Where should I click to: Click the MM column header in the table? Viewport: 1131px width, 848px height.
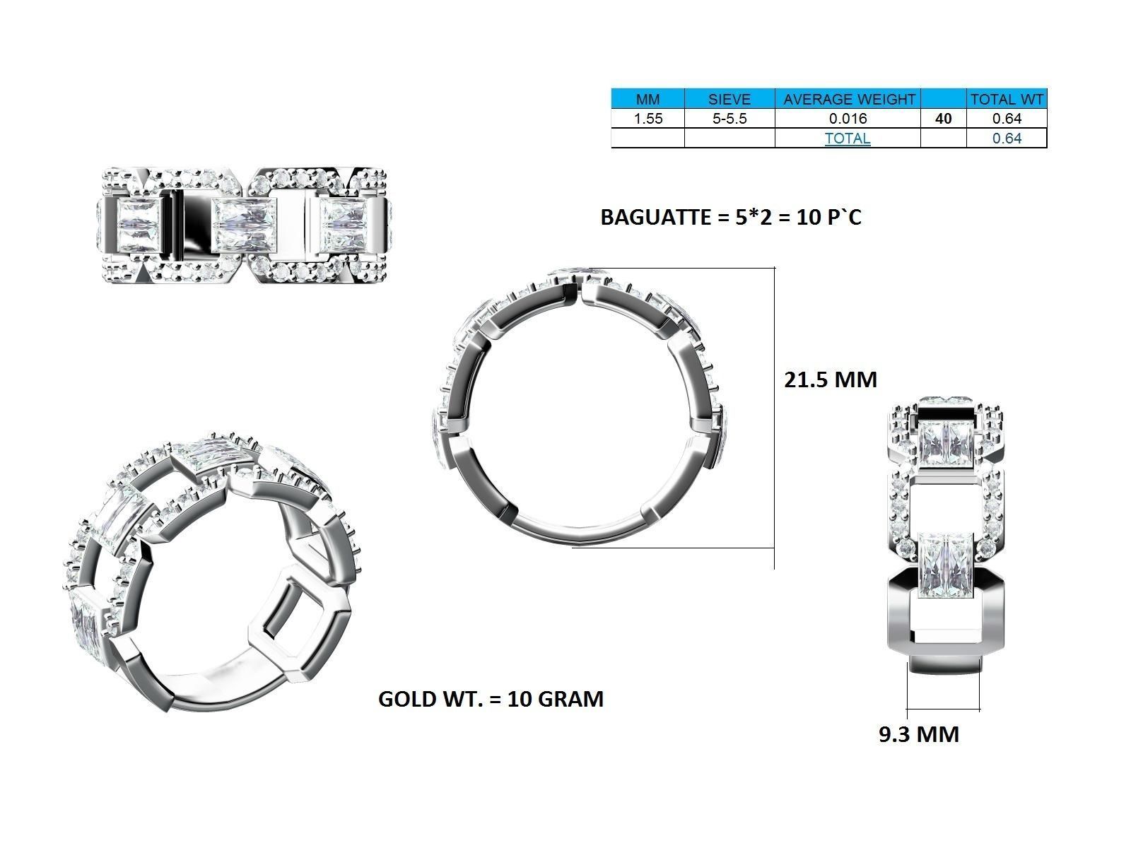point(647,100)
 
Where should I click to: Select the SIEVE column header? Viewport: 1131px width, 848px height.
point(729,100)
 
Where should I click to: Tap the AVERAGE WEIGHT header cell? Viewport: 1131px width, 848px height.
point(848,100)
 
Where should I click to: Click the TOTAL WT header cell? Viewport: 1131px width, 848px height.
point(1006,100)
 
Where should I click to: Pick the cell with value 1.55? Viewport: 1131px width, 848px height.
point(647,119)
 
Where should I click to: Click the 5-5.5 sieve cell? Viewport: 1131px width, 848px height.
point(729,119)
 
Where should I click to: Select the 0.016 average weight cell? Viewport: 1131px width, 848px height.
point(848,119)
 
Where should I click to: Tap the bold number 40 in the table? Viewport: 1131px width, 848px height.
point(943,119)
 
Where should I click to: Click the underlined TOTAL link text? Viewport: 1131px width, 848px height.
point(848,139)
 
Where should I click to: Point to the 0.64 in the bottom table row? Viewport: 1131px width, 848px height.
point(1006,139)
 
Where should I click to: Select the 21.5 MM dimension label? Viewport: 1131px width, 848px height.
point(830,379)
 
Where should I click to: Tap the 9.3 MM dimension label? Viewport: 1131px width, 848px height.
point(918,734)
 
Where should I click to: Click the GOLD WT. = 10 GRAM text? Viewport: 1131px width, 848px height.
point(491,699)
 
